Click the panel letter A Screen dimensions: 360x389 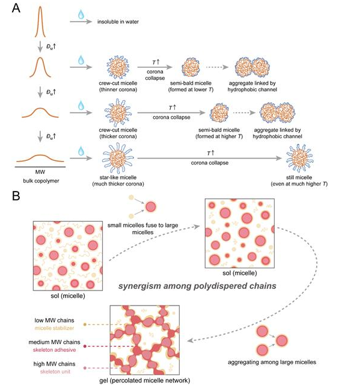coord(16,8)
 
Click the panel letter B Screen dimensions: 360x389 coord(16,196)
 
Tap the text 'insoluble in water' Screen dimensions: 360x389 coord(118,22)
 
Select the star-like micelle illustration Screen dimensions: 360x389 coord(118,158)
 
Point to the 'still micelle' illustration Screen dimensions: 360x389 coord(299,158)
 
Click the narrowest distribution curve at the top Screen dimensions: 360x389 coord(40,22)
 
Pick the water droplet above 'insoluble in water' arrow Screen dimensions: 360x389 coord(81,14)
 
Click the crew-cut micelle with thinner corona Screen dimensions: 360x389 coord(118,67)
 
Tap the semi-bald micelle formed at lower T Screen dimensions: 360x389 coord(191,67)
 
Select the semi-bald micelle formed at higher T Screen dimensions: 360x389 coord(219,113)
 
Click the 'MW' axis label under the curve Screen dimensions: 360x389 coord(40,172)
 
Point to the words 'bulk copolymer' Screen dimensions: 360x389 coord(41,181)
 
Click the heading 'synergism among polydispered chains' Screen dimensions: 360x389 coord(197,286)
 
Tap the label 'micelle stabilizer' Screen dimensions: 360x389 coord(55,328)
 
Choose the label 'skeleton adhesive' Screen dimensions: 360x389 coord(55,350)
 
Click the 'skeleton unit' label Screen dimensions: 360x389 coord(55,372)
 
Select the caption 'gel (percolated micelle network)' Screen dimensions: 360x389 coord(145,381)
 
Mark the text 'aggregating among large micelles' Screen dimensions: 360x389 coord(272,362)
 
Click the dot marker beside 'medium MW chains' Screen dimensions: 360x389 coord(85,346)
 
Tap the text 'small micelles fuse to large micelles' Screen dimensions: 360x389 coord(142,229)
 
